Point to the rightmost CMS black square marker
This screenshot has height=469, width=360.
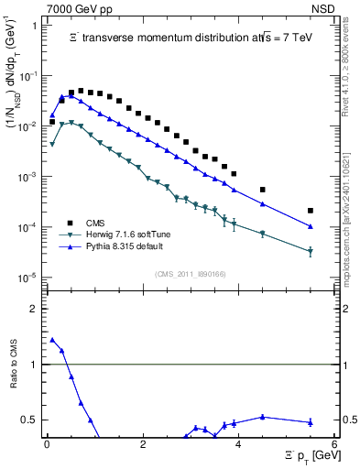(311, 210)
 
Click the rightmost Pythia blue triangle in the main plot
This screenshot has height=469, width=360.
(311, 226)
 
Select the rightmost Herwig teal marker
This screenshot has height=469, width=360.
(311, 251)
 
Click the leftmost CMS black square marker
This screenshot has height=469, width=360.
(52, 121)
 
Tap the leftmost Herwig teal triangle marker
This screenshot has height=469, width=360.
(52, 144)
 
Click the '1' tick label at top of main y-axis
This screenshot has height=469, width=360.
(35, 26)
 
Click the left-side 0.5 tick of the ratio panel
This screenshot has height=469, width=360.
(32, 420)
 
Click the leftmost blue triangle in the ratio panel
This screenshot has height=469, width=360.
(52, 340)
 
